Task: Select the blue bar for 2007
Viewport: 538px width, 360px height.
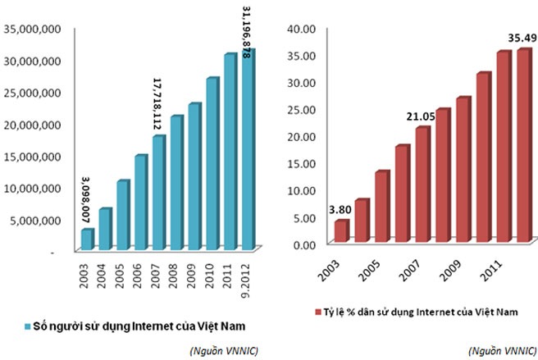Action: tap(158, 192)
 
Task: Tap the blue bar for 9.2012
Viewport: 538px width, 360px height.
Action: tap(247, 148)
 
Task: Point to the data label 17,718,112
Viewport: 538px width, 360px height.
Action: tap(157, 104)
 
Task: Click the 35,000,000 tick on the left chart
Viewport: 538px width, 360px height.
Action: tap(34, 29)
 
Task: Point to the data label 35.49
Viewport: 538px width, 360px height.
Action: tap(522, 38)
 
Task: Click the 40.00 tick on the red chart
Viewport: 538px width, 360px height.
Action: tap(303, 29)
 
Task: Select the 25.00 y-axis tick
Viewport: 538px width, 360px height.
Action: tap(303, 109)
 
